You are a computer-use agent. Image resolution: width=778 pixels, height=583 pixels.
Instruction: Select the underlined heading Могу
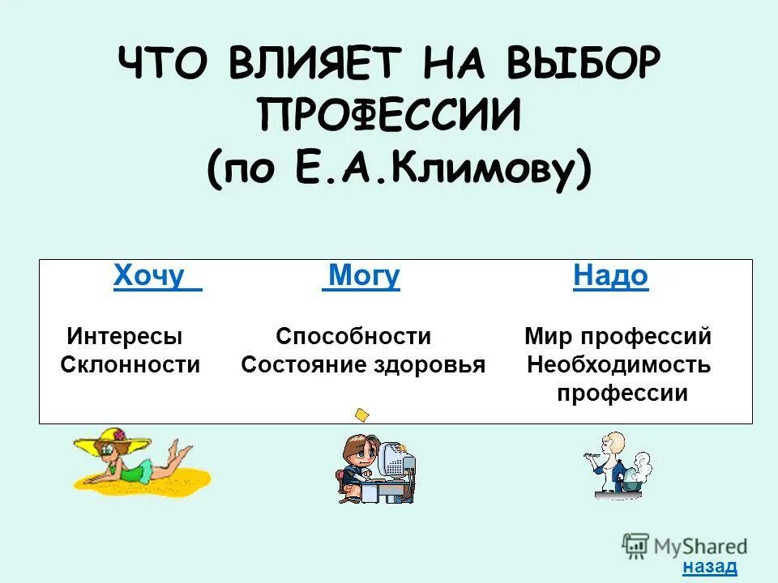click(x=362, y=276)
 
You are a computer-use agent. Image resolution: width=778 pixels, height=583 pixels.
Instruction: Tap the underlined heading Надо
click(x=610, y=276)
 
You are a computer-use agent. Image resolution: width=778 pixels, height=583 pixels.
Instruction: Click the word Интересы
click(x=125, y=336)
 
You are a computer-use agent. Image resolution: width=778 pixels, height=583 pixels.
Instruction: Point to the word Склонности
click(x=130, y=364)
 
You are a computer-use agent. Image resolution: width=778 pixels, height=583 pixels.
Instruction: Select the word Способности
click(x=353, y=336)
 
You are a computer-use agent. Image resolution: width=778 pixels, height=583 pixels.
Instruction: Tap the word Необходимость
click(x=619, y=365)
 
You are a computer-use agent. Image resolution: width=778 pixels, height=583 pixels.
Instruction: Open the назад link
click(x=710, y=566)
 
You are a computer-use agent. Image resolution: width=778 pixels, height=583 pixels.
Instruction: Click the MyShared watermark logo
click(x=685, y=545)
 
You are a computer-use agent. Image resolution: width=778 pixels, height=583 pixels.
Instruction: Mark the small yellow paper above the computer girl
click(x=361, y=415)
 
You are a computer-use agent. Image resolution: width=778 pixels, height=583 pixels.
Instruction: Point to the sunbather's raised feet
click(x=180, y=449)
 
